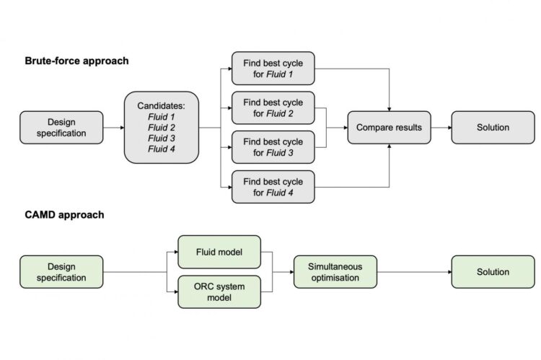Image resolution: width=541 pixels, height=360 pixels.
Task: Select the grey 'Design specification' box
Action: (61, 127)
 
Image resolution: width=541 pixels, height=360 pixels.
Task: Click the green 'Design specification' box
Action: (61, 272)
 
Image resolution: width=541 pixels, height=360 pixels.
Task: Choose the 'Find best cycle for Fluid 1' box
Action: (273, 69)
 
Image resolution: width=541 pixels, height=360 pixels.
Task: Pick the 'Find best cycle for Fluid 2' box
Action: (273, 107)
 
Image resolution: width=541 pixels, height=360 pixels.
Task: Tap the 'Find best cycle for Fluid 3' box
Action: (273, 146)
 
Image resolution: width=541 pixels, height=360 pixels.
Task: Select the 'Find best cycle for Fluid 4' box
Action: (273, 186)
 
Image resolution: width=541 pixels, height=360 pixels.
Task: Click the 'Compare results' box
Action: (390, 128)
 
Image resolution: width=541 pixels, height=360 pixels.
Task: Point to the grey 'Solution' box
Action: (493, 128)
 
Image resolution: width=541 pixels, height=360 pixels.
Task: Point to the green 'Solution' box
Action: (493, 272)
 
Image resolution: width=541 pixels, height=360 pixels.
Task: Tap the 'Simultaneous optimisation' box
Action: (335, 272)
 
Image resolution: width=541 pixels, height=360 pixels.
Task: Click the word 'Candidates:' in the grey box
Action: (161, 105)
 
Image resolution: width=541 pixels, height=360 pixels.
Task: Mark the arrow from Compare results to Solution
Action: (441, 128)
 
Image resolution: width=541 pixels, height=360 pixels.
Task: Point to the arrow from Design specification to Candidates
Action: (113, 128)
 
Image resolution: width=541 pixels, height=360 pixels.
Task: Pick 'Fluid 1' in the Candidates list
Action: (161, 115)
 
